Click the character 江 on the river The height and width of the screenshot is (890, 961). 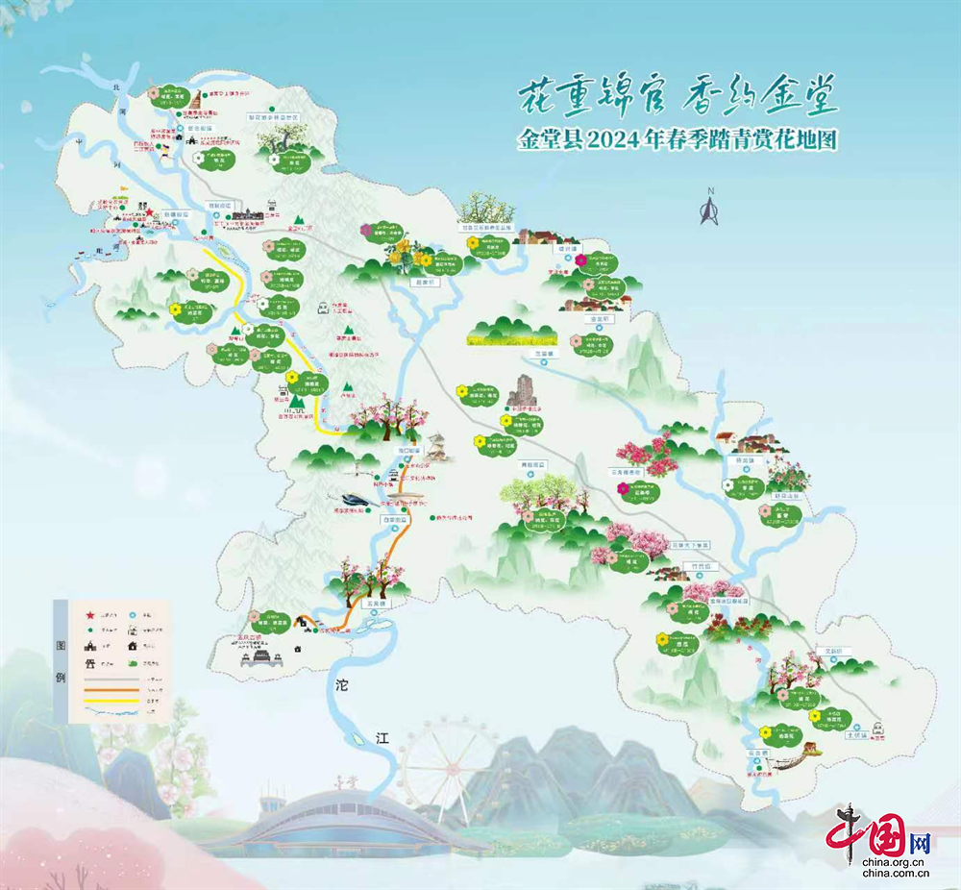pyautogui.click(x=382, y=738)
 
